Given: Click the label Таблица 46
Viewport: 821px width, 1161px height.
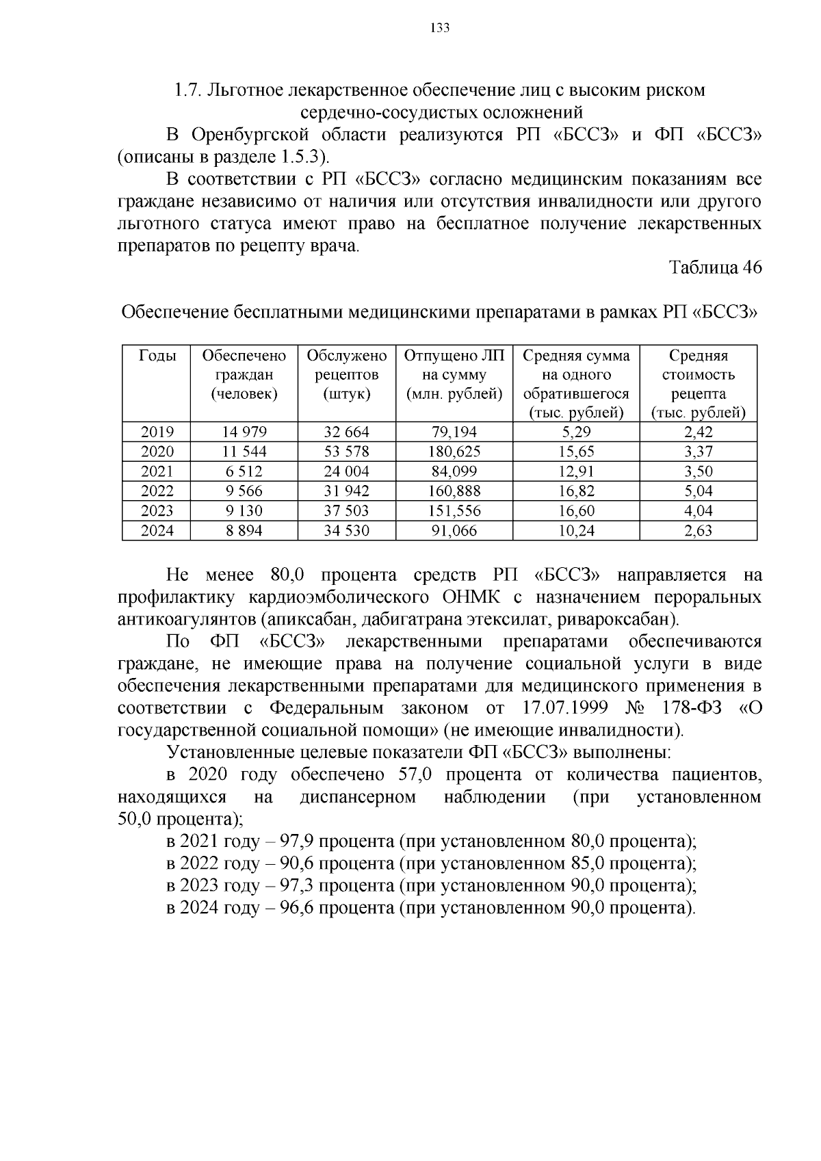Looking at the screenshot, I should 715,268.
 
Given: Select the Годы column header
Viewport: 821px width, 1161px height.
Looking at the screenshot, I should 157,355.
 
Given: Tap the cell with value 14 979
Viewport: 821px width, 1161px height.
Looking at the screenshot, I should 244,432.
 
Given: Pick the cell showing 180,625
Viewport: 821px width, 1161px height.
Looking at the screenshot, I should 454,452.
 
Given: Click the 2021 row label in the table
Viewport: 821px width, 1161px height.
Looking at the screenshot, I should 157,471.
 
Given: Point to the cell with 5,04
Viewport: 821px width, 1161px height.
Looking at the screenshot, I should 698,491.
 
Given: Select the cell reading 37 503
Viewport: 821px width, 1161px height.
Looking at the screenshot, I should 346,510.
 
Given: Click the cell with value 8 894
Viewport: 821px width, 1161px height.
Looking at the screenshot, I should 244,530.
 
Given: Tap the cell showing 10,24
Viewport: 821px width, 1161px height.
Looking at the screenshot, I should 576,530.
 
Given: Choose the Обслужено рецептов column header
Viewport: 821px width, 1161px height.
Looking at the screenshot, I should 346,374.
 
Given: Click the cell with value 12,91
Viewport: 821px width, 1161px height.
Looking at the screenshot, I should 576,471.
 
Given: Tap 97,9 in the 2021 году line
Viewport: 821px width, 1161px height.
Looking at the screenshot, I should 297,842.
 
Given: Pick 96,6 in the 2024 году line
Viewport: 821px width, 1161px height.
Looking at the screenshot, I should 297,908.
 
